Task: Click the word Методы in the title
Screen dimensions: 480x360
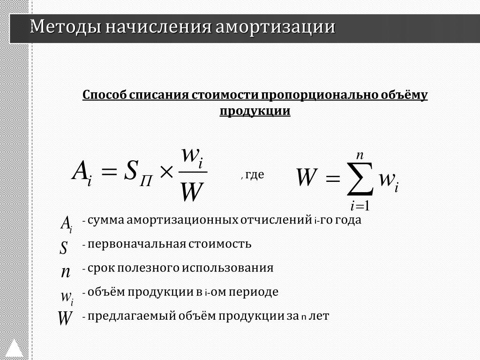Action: pyautogui.click(x=66, y=27)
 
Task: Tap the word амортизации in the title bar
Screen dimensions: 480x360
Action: pyautogui.click(x=275, y=27)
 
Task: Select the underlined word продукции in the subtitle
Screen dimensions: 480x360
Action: pyautogui.click(x=255, y=111)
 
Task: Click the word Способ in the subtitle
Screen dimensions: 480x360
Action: pyautogui.click(x=104, y=95)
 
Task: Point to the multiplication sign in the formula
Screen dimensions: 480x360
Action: pyautogui.click(x=166, y=172)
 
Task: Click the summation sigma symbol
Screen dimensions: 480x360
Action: pyautogui.click(x=360, y=179)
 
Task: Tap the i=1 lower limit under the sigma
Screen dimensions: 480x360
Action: pyautogui.click(x=360, y=206)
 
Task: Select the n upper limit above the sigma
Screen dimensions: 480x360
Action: pyautogui.click(x=360, y=156)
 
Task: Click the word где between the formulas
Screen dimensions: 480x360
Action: pyautogui.click(x=255, y=174)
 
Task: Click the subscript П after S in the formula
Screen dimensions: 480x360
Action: pyautogui.click(x=146, y=182)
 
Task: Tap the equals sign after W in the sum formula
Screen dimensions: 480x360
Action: pyautogui.click(x=333, y=178)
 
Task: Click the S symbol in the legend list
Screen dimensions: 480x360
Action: pyautogui.click(x=63, y=247)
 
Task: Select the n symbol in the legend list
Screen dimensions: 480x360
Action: pyautogui.click(x=66, y=271)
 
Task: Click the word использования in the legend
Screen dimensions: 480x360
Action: pyautogui.click(x=228, y=268)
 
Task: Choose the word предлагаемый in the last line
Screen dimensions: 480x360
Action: pyautogui.click(x=131, y=316)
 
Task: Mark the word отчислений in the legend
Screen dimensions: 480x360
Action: pyautogui.click(x=276, y=220)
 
